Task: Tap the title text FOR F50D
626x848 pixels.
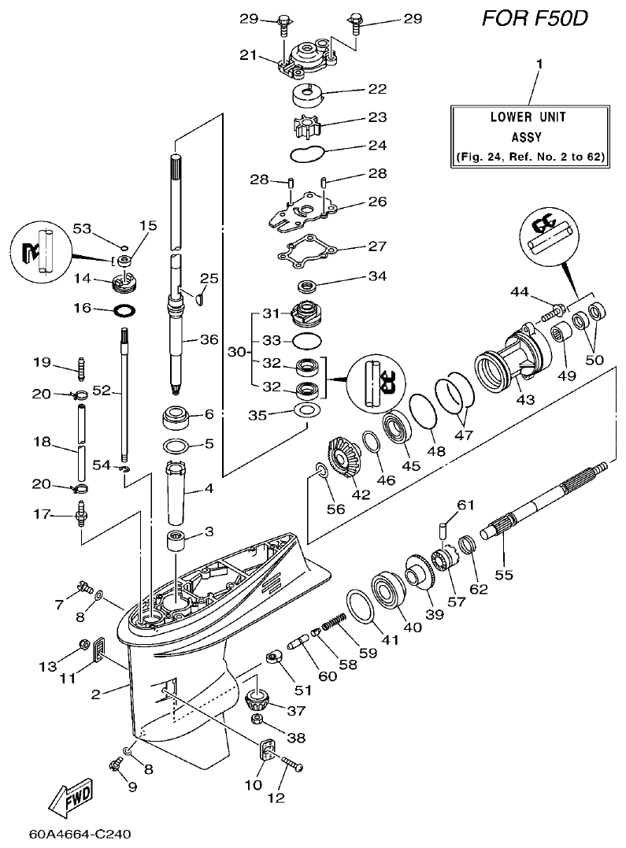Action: [x=535, y=19]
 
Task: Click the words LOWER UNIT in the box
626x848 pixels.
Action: [x=528, y=117]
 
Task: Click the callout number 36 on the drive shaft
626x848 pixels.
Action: [x=209, y=340]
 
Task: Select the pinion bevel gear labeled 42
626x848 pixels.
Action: [x=344, y=456]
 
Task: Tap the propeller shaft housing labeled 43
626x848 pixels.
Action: [x=507, y=358]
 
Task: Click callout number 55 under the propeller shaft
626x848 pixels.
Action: [x=503, y=574]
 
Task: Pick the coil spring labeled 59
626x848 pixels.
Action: [x=337, y=624]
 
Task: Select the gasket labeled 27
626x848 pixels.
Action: [x=310, y=254]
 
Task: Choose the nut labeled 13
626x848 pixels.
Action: [x=84, y=647]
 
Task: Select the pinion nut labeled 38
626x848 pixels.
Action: [x=256, y=719]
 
